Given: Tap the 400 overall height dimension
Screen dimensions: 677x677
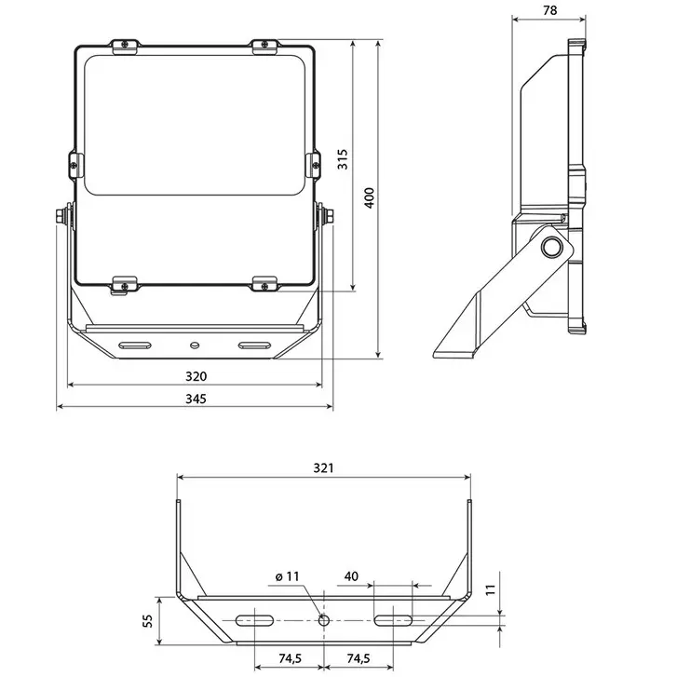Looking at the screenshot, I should (369, 198).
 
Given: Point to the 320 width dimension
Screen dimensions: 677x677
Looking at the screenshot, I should (195, 376).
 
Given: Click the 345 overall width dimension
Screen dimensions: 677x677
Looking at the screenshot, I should (195, 399).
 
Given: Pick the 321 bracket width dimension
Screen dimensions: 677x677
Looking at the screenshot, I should (323, 467).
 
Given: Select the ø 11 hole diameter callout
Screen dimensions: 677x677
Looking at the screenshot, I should (290, 577).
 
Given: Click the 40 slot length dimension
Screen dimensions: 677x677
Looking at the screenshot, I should (351, 577).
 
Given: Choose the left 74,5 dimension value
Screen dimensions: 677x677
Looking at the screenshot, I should (290, 659).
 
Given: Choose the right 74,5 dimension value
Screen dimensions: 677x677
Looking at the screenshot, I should (359, 659).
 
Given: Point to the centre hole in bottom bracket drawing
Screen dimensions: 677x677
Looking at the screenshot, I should (324, 619).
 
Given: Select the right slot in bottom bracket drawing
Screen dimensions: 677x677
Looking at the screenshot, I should (394, 619).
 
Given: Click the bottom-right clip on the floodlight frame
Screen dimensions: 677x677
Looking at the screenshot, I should (265, 283).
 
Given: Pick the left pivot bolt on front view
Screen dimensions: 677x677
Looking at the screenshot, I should (61, 216).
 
